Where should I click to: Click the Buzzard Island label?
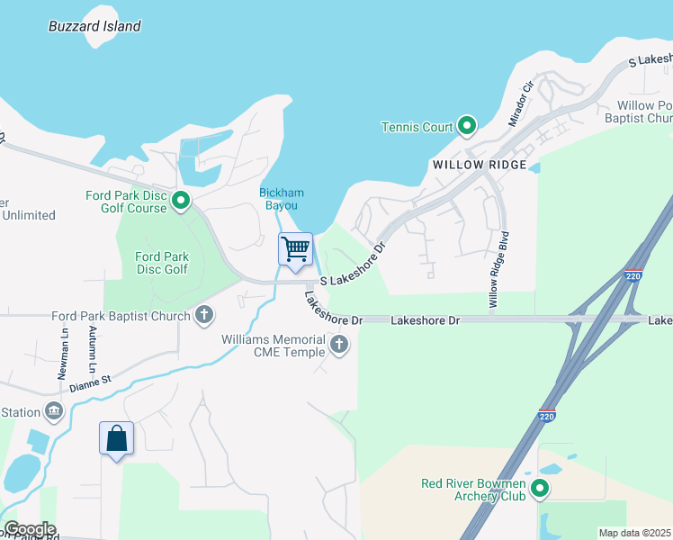click(94, 26)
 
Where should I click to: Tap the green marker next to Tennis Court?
click(466, 127)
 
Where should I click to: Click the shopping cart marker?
click(295, 249)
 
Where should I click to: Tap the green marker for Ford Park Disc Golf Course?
click(181, 201)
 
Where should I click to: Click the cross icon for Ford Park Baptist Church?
click(204, 315)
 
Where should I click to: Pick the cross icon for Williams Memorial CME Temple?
click(339, 343)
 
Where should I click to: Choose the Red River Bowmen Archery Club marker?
click(539, 490)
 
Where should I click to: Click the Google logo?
click(30, 529)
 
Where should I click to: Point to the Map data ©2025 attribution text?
click(634, 533)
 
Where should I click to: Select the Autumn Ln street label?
click(92, 350)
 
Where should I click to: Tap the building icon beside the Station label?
click(55, 412)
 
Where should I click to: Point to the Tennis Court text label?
click(417, 127)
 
